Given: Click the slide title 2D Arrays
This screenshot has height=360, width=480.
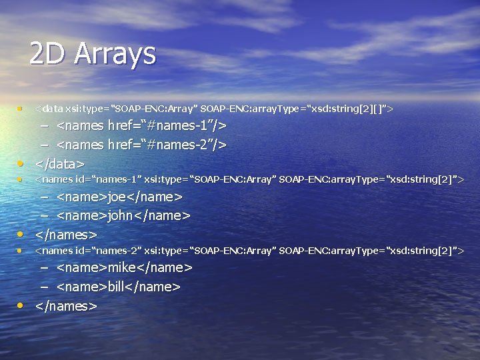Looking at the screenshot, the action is tap(93, 54).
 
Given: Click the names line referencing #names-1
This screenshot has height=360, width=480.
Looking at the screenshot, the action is tap(141, 125).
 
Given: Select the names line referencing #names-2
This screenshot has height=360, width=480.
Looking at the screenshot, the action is tap(141, 144).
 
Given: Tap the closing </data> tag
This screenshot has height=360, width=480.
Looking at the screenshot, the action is tap(60, 163).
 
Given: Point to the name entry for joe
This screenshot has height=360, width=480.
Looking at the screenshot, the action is tap(119, 197).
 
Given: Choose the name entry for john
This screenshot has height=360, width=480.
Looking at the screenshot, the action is tap(123, 215).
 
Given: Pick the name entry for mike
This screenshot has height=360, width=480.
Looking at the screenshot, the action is tap(125, 267).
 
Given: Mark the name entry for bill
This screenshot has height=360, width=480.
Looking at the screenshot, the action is tap(119, 287).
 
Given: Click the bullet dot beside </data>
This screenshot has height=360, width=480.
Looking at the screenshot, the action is tap(21, 163).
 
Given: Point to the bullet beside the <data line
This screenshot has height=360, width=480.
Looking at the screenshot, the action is tap(21, 107).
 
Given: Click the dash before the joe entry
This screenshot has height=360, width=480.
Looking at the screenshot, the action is tap(44, 197).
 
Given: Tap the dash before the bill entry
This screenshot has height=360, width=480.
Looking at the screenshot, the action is tap(44, 287).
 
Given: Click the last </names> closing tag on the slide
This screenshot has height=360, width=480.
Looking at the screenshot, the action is tap(66, 306).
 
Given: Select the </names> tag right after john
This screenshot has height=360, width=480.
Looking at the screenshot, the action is tap(66, 235).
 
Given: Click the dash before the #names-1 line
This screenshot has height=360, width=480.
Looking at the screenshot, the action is tap(44, 126).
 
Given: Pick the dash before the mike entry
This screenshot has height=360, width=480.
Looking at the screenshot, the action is tap(44, 268).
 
